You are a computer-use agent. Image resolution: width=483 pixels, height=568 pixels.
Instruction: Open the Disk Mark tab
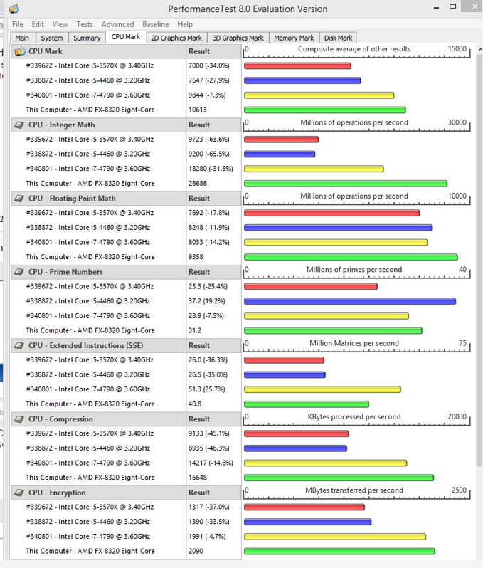point(338,38)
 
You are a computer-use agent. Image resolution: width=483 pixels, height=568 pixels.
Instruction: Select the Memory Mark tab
point(294,38)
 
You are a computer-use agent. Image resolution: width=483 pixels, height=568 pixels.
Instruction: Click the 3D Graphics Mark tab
point(238,38)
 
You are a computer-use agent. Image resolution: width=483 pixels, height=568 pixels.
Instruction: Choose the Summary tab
point(87,38)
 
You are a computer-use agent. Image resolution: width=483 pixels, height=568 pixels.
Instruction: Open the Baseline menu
point(156,24)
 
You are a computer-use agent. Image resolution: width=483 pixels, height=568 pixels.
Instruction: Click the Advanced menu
point(117,24)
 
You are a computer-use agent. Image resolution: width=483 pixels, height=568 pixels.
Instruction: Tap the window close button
point(474,6)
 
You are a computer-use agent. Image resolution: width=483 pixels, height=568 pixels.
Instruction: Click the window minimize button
point(436,7)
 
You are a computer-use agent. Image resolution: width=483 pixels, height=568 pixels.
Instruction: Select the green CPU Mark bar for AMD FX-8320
point(325,110)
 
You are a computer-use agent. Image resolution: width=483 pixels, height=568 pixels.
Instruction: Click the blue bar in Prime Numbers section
point(350,301)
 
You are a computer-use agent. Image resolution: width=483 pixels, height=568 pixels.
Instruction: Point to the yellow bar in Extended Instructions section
point(322,389)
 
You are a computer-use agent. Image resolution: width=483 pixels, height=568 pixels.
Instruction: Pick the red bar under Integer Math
point(281,140)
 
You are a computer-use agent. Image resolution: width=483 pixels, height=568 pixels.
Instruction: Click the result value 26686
point(198,184)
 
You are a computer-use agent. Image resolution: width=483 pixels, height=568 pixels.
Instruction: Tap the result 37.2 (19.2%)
point(207,301)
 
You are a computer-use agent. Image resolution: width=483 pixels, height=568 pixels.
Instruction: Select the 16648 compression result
point(198,478)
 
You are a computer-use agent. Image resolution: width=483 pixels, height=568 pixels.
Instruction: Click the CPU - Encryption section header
point(57,493)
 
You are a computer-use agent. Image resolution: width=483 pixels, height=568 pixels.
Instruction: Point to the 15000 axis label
point(457,49)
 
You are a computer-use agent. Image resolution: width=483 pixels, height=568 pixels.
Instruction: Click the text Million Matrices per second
point(354,343)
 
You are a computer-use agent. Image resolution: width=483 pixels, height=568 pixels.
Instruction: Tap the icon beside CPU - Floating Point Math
point(18,199)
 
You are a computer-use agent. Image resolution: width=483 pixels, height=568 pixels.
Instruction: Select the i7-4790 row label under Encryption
point(88,536)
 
